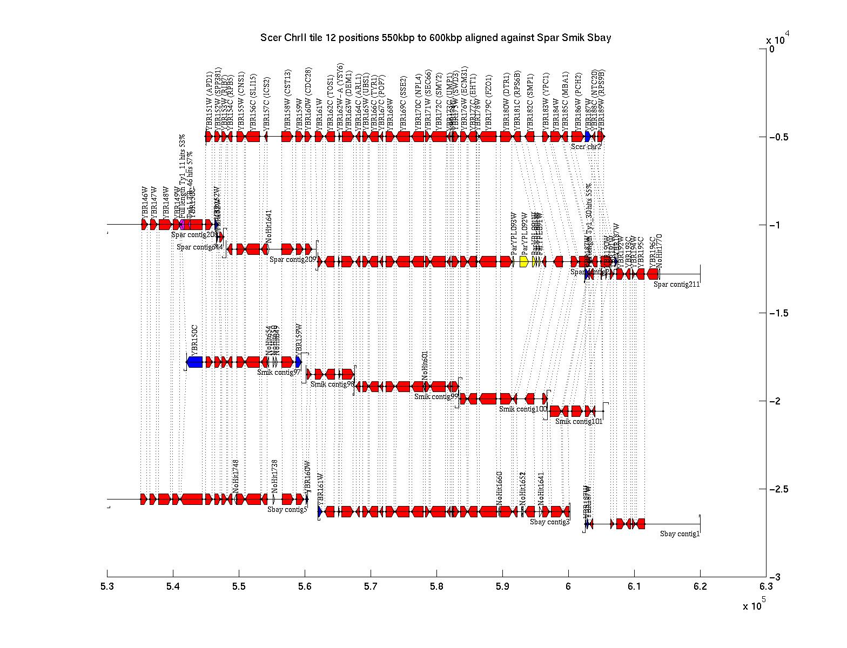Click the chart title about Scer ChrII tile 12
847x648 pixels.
coord(435,38)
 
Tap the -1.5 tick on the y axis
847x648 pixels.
coord(766,313)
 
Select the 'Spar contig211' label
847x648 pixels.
coord(676,285)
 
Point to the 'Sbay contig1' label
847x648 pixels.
coord(680,534)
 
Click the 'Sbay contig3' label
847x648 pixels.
coord(549,522)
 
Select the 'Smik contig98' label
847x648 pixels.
coord(332,384)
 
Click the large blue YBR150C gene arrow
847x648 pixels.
coord(194,362)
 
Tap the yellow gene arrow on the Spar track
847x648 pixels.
coord(523,262)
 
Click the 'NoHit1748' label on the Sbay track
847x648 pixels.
coord(236,476)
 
